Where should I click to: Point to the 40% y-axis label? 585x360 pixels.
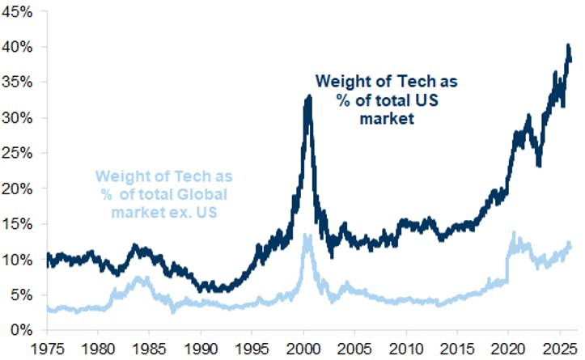(17, 47)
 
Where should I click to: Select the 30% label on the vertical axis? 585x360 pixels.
(17, 117)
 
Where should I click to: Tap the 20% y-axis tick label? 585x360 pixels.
(17, 188)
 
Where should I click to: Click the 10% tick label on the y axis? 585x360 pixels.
(17, 259)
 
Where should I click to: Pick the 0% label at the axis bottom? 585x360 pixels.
(20, 330)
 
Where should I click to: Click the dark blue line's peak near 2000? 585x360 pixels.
(308, 97)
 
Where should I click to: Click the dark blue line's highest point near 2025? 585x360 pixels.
(568, 45)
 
